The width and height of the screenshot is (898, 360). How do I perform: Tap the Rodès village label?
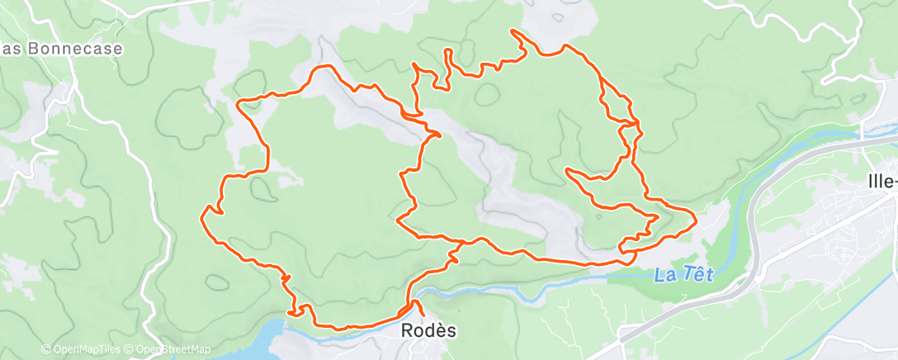(x=428, y=330)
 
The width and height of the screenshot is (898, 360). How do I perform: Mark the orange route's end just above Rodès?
(x=421, y=315)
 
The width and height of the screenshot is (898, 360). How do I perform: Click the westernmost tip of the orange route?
(x=202, y=218)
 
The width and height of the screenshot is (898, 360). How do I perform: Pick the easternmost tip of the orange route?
(x=697, y=220)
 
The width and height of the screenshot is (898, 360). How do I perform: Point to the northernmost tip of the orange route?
(x=513, y=31)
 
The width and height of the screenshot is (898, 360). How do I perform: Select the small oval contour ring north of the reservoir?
(x=218, y=281)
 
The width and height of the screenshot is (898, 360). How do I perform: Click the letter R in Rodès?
(x=407, y=330)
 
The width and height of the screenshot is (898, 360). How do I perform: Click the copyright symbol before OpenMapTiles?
(x=46, y=350)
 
